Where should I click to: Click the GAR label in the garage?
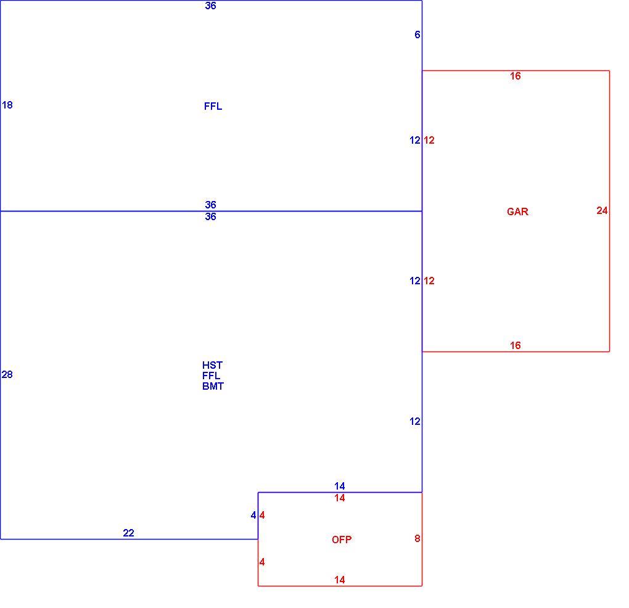coord(517,212)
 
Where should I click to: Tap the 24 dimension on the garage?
coord(602,210)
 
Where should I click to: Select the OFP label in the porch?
coord(342,540)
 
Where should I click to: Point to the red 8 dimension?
coord(417,538)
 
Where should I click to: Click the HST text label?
coord(212,365)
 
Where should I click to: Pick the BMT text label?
coord(213,386)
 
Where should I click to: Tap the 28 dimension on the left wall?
coord(7,374)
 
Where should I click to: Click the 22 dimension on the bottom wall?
coord(128,533)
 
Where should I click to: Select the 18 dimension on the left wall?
coord(7,105)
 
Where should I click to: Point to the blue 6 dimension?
coord(417,35)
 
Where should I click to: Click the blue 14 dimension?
coord(339,486)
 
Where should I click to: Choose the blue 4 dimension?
coord(253,515)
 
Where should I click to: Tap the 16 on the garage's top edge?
coord(515,76)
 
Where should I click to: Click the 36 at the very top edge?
coord(211,6)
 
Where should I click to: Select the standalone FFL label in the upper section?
coord(213,106)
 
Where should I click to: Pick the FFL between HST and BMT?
coord(212,376)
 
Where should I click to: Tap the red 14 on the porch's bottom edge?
coord(339,580)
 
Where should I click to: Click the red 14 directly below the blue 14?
coord(339,498)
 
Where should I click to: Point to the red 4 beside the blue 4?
coord(262,515)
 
